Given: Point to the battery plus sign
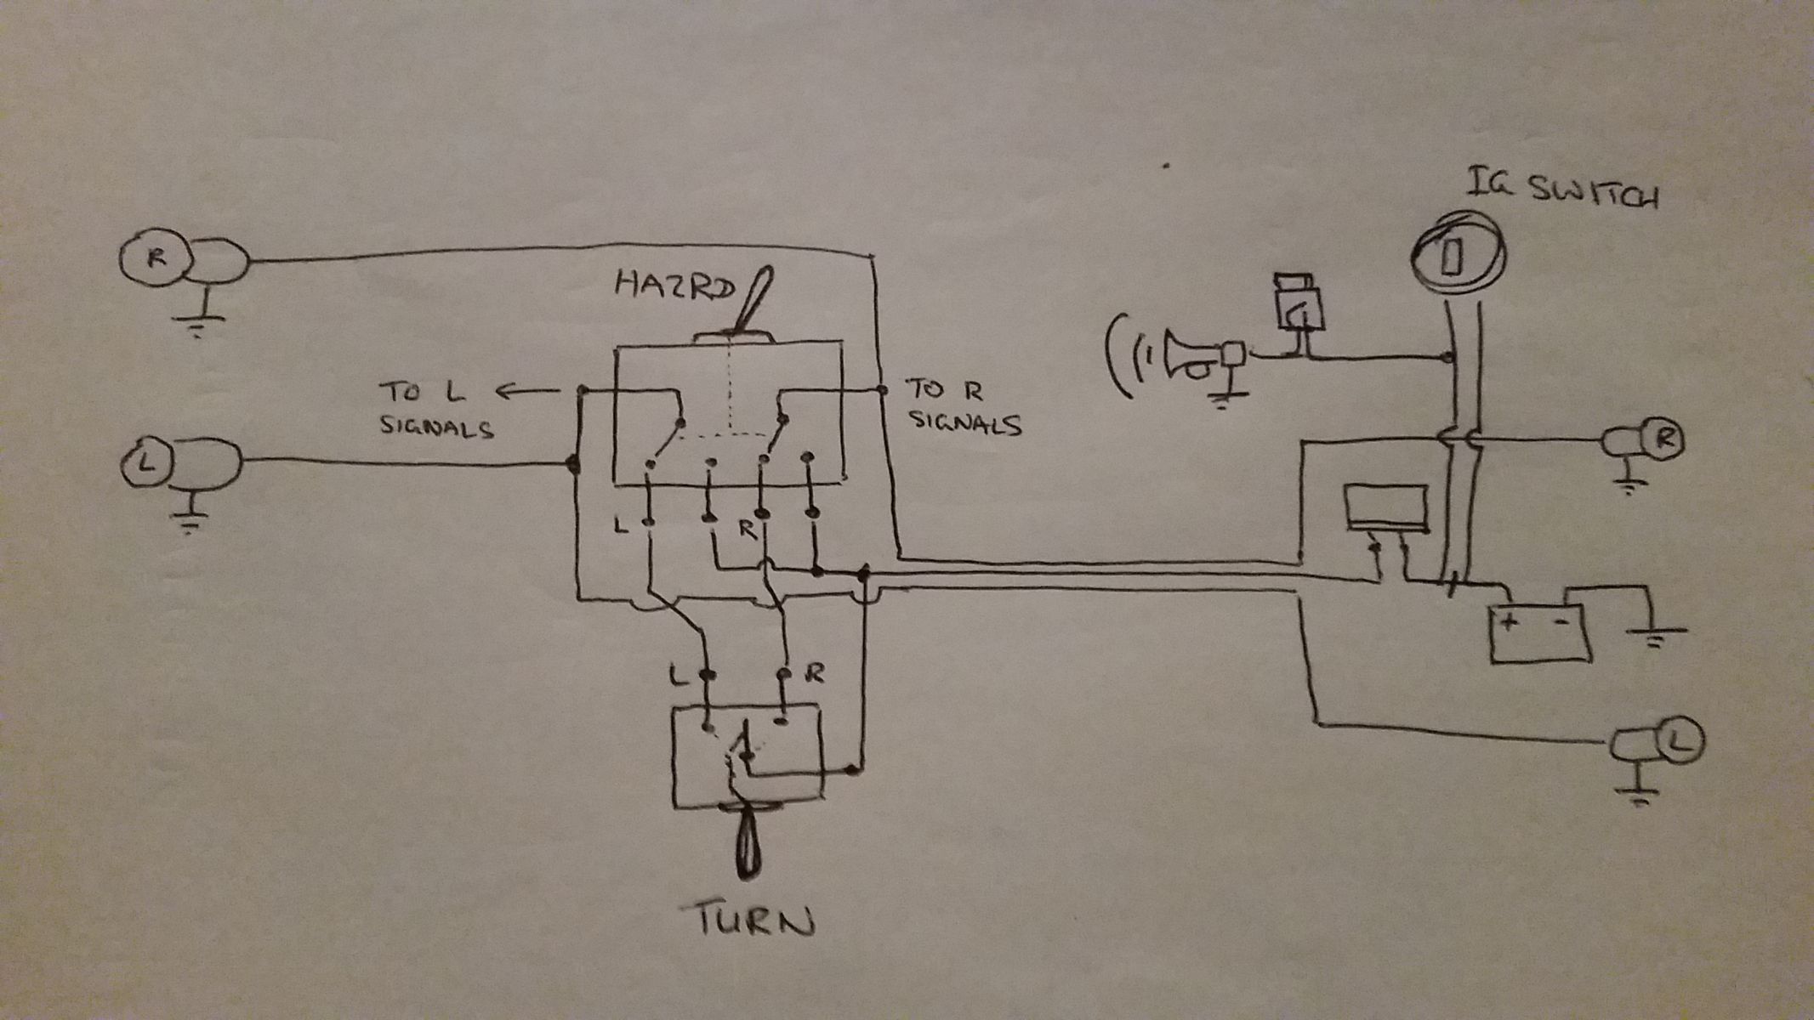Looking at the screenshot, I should pos(1510,621).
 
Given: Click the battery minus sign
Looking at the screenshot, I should pos(1562,621).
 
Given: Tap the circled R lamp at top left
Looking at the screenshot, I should pos(155,258).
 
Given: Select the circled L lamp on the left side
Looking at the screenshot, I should pos(146,463).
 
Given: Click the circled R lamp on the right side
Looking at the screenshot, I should pos(1665,439).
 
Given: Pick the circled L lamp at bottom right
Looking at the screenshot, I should pos(1680,740).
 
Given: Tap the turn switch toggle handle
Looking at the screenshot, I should pos(748,846).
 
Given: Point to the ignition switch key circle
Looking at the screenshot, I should pos(1457,254).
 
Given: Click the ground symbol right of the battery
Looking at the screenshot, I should pos(1654,633).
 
